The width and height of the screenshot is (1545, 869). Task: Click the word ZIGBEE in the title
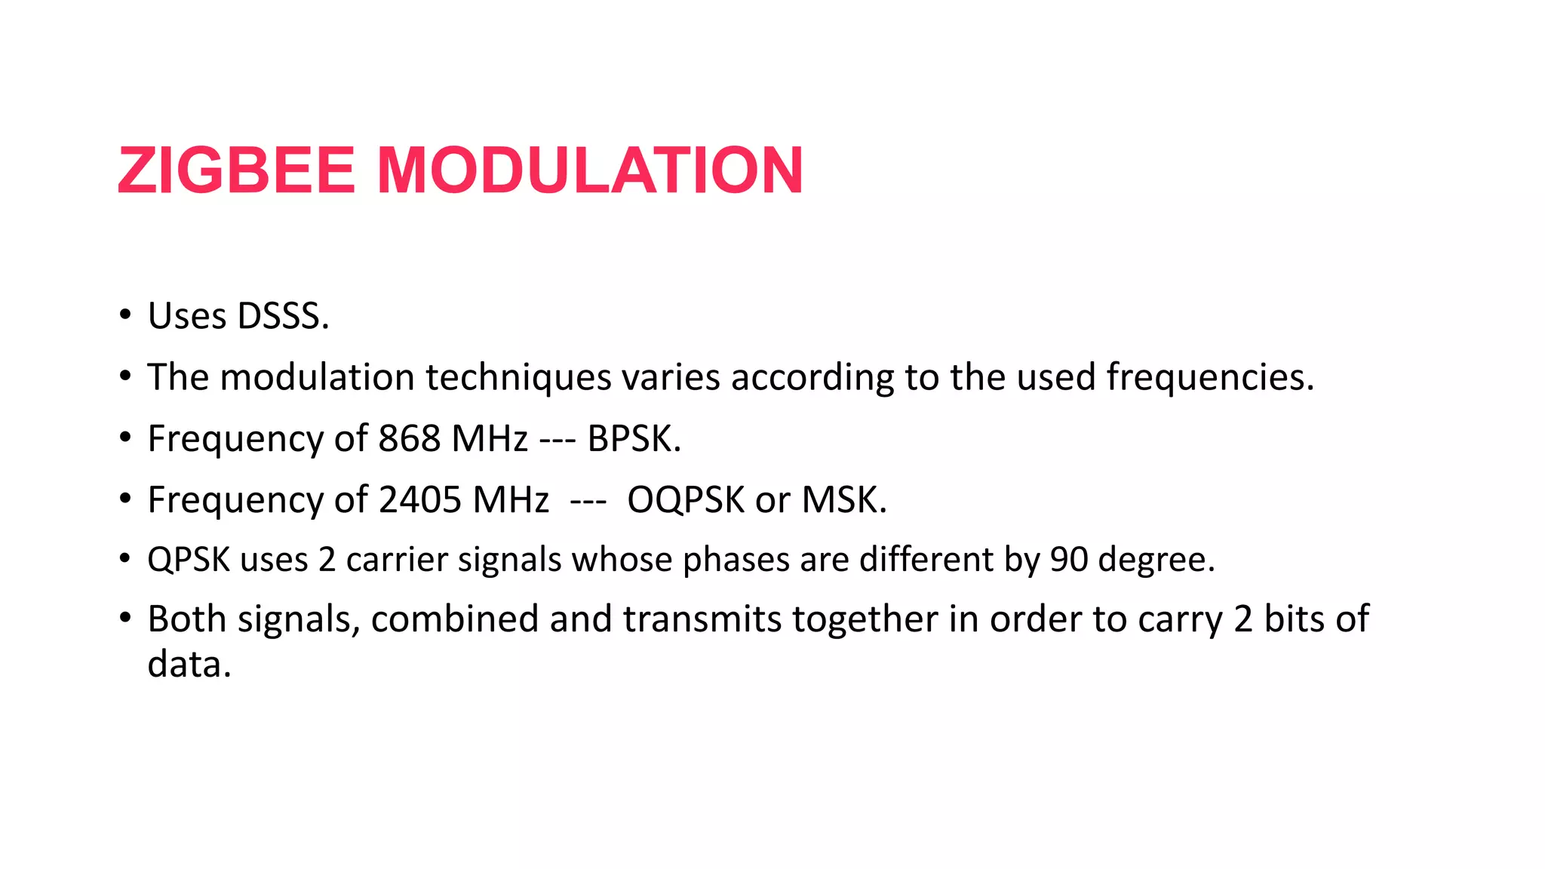tap(236, 170)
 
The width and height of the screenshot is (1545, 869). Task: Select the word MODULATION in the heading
tap(589, 170)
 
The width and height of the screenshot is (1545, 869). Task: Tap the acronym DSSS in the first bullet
tap(281, 316)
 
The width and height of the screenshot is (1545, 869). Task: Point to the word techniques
tap(518, 377)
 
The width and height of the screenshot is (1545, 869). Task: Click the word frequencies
tap(1208, 377)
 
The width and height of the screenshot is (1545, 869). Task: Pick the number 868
tap(409, 438)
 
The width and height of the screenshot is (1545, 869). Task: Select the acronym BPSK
tap(631, 438)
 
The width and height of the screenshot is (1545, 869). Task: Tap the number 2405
tap(419, 499)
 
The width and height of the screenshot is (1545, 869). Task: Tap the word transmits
tap(702, 619)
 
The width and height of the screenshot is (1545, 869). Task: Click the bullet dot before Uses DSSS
tap(125, 315)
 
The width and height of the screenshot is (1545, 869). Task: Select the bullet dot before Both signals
tap(125, 618)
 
